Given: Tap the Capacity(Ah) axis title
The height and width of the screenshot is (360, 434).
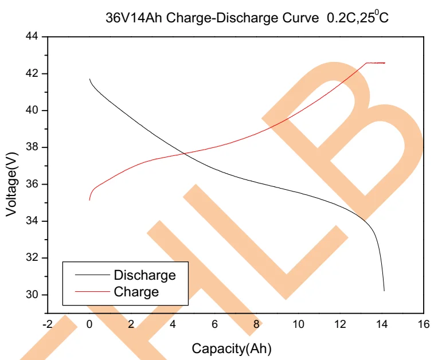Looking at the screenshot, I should tap(231, 348).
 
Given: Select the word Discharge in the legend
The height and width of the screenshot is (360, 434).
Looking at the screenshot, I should tap(144, 275).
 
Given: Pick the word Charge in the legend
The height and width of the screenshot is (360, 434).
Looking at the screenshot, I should tap(136, 291).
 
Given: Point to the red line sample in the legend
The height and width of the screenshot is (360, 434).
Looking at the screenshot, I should tap(92, 291).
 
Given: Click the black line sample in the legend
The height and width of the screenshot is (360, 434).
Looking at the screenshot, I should tap(92, 275).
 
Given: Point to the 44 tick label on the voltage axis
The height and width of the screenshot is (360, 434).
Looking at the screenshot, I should tap(32, 37).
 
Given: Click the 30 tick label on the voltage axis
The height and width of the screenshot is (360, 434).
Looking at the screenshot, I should tap(32, 295).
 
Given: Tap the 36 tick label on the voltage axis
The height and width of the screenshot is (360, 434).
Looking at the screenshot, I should tap(32, 184).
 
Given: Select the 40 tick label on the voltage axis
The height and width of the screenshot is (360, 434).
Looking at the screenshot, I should tap(32, 111).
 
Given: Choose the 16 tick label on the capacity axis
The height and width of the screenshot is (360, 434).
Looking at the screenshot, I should tap(424, 324).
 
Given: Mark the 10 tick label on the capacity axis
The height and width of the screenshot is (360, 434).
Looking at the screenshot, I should tap(298, 324).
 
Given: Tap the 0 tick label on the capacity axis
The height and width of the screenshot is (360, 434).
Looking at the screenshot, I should tap(89, 324).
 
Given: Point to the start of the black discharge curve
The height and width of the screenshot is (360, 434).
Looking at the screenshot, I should tap(90, 79).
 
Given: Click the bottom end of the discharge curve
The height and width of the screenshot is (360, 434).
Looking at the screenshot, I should tap(384, 291).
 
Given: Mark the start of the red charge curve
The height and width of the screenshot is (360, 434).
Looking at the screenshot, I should tap(89, 199).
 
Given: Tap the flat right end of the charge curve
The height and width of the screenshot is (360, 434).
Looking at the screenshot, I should tap(383, 62).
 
